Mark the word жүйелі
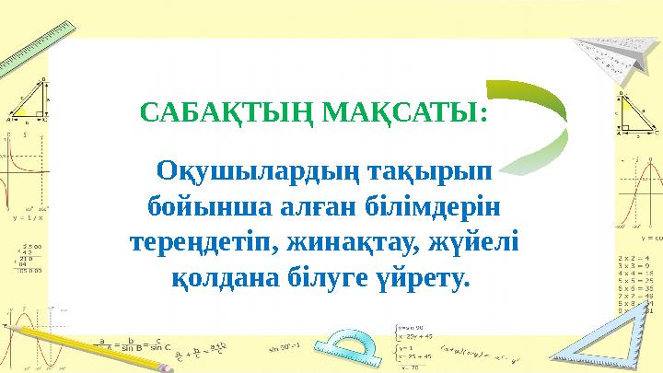[x=481, y=242]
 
